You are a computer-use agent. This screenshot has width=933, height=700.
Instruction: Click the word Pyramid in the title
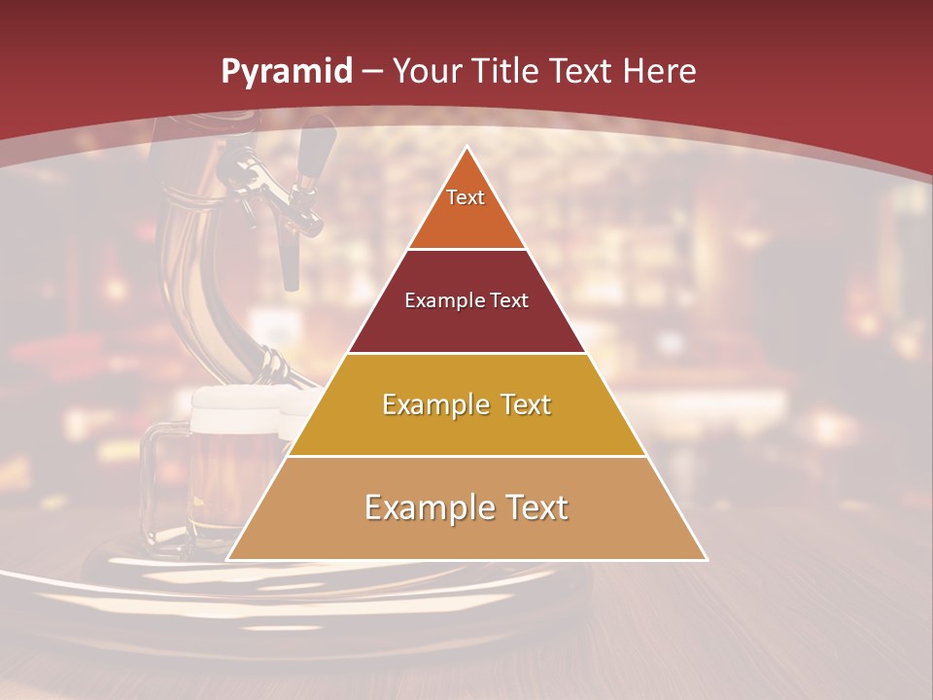point(286,72)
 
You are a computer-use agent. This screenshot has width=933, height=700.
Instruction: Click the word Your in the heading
point(427,71)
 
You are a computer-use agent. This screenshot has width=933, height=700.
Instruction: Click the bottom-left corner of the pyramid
point(228,559)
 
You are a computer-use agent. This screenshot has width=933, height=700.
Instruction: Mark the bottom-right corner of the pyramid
point(706,559)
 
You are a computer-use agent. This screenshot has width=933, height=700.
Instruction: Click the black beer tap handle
point(311,156)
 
